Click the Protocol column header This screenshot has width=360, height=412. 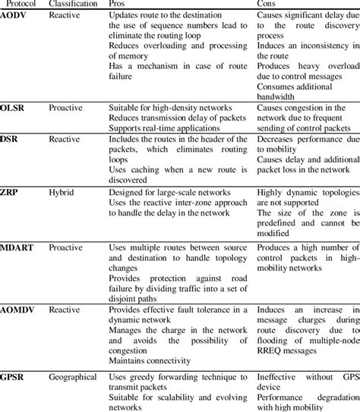[x=18, y=5]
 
